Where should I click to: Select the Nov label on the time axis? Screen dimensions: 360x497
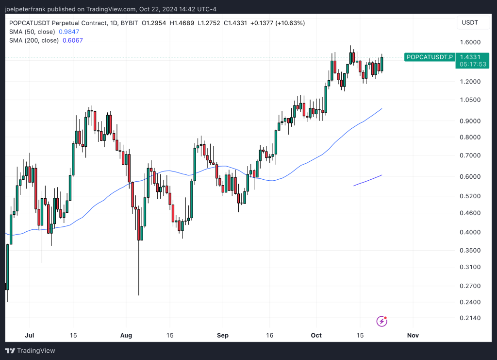(413, 335)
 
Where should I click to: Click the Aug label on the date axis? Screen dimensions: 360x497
(126, 335)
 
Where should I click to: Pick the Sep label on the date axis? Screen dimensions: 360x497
(223, 335)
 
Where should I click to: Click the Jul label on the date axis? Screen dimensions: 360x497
(29, 335)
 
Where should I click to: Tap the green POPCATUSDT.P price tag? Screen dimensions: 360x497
(430, 57)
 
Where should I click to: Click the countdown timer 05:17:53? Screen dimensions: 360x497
(470, 64)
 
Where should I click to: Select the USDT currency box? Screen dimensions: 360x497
(470, 23)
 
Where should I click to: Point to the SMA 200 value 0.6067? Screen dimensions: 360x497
(73, 40)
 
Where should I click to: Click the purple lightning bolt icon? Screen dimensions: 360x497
(382, 321)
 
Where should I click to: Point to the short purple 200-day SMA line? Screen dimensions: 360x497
(367, 180)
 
